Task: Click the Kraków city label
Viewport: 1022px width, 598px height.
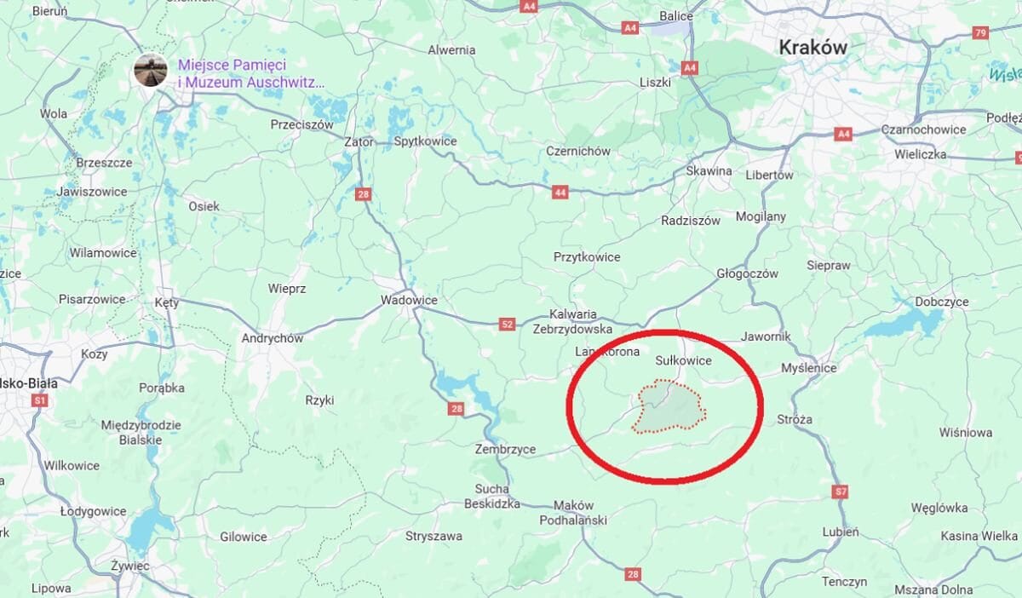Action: coord(813,48)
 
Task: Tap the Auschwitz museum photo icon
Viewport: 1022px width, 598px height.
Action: coord(151,71)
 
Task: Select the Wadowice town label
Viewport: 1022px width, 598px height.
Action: coord(409,300)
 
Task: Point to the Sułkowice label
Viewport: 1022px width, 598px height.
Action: coord(683,360)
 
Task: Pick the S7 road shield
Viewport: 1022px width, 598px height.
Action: coord(841,492)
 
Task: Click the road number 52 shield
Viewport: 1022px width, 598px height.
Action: coord(508,324)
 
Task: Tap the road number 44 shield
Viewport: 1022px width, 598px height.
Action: coord(560,193)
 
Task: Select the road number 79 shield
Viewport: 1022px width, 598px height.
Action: coord(980,33)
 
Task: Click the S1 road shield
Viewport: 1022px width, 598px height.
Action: coord(39,400)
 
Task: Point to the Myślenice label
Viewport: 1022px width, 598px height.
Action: coord(809,368)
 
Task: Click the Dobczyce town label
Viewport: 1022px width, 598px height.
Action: coord(942,302)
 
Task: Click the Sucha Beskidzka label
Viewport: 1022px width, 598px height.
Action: coord(491,496)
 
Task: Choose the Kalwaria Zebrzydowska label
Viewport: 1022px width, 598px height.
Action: coord(573,321)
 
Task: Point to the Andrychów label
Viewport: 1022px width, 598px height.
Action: coord(273,338)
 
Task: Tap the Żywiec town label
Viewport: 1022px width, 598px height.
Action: coord(130,566)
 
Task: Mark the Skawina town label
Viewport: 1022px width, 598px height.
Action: coord(709,170)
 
